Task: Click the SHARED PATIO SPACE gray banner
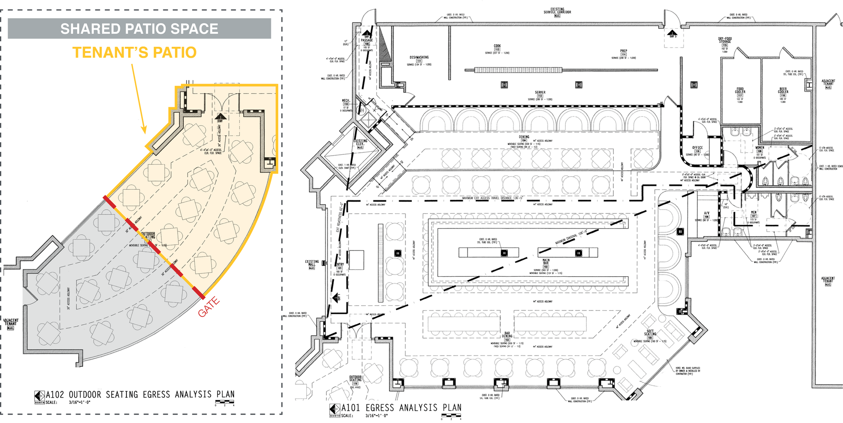point(139,29)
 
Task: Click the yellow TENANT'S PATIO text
point(134,53)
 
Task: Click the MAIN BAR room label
point(546,262)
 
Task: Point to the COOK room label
point(497,46)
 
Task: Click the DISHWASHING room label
point(419,57)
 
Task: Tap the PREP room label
point(623,51)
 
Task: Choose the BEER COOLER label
point(783,90)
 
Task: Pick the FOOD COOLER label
point(740,90)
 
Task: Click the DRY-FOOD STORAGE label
point(725,40)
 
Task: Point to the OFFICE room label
point(698,148)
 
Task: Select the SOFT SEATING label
point(650,333)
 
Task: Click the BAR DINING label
point(507,335)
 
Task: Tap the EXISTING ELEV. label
point(360,142)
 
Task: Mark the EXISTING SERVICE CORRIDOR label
point(557,11)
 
